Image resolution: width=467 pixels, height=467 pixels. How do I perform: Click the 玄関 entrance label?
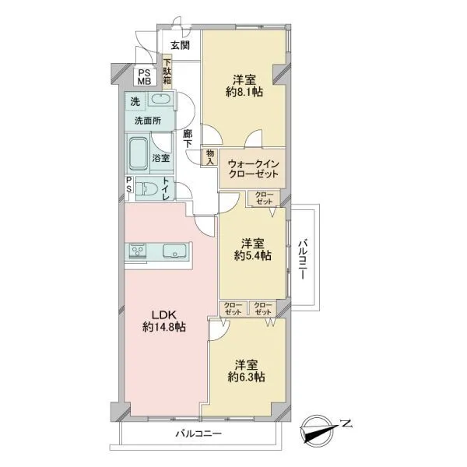point(181,45)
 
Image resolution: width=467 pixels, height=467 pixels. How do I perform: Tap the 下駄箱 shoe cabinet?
point(167,72)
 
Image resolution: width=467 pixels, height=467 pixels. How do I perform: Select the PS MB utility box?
point(145,77)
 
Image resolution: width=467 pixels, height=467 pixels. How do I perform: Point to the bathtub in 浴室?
point(138,153)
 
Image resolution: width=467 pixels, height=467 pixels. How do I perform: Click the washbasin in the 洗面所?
point(160,99)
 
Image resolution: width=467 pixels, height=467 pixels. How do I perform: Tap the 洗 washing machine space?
point(135,101)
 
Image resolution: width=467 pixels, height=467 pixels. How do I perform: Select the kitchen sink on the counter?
point(174,251)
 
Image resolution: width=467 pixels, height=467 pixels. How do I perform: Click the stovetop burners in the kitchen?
point(137,251)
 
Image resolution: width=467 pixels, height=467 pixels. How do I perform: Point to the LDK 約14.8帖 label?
point(163,321)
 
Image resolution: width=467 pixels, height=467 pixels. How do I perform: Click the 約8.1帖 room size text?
point(244,92)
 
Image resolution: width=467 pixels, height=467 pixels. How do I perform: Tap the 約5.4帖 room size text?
point(252,255)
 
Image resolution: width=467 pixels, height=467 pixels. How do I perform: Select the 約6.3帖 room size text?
point(246,377)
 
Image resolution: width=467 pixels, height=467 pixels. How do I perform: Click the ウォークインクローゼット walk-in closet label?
point(253,169)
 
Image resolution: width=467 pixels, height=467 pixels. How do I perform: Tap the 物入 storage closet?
point(210,157)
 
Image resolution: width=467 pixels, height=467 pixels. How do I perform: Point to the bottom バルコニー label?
point(198,434)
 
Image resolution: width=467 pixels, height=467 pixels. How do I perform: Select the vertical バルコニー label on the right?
point(303,258)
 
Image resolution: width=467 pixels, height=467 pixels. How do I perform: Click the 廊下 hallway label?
point(188,139)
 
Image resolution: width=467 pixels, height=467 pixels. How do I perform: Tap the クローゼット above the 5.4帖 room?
point(264,198)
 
